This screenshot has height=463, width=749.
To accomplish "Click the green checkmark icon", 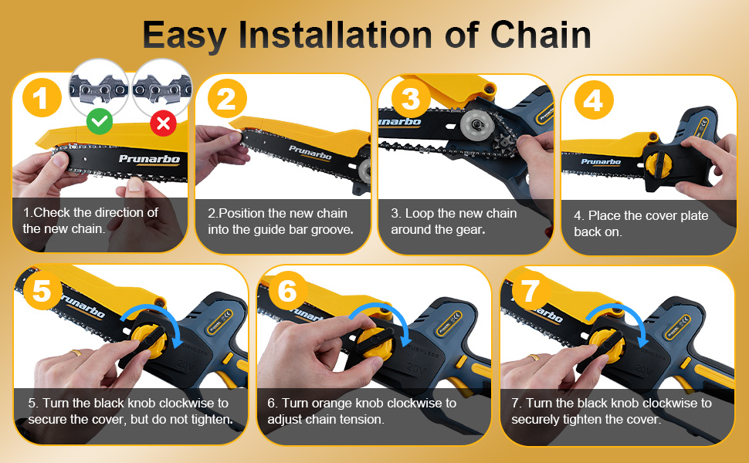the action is [x=100, y=122].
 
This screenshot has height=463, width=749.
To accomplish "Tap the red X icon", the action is [x=163, y=123].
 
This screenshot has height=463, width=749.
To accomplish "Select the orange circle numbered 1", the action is [x=42, y=98].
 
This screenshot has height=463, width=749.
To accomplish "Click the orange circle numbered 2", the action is [x=227, y=99].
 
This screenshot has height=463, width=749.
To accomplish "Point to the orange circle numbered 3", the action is [x=411, y=99].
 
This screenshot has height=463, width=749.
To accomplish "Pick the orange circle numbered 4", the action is [x=594, y=100].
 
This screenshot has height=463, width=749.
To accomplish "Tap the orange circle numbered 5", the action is [x=42, y=290].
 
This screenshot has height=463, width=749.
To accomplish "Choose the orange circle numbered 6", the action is [x=287, y=290].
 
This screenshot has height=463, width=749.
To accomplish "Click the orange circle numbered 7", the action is [x=530, y=290].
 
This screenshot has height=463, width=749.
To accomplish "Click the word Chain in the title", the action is [x=541, y=35].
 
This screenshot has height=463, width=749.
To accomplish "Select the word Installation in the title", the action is [x=335, y=35].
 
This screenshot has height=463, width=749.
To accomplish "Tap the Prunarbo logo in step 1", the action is [x=149, y=160].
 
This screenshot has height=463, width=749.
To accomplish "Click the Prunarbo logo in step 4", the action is [x=601, y=162].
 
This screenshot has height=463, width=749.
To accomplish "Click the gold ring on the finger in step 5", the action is [x=76, y=353].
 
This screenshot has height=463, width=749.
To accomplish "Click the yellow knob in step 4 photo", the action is [x=658, y=164].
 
